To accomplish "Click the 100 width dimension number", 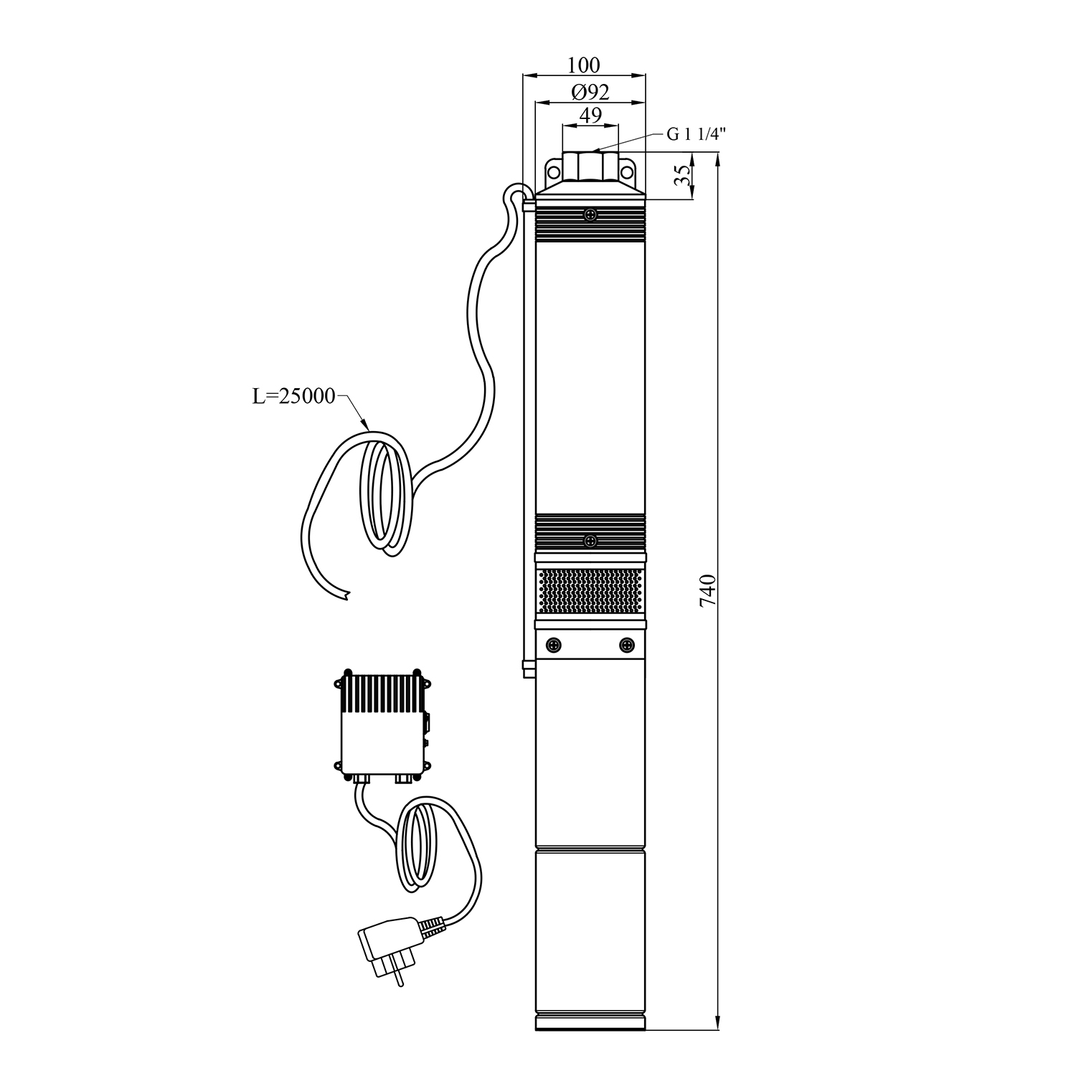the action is [x=583, y=65].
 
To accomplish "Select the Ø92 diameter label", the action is [x=590, y=92].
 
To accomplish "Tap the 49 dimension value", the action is [x=590, y=115].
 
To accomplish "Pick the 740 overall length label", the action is [x=707, y=590].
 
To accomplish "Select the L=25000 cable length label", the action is [x=293, y=396].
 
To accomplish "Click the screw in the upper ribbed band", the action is [x=590, y=214].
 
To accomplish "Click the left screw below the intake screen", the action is [x=554, y=644].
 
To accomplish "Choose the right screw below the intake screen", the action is [x=627, y=644].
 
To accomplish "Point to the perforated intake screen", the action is [x=590, y=590].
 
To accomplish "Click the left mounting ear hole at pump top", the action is [x=554, y=172].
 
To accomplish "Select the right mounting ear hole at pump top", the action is [x=627, y=172].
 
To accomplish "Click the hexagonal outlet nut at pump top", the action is [x=590, y=166].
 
